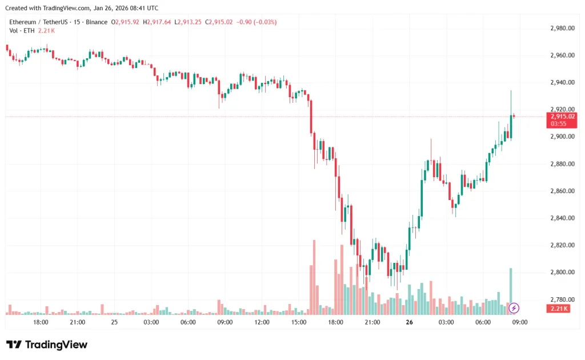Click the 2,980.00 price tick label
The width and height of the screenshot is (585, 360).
click(562, 28)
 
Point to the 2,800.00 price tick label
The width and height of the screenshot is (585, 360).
click(562, 272)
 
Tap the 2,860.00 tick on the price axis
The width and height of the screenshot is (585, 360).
click(562, 191)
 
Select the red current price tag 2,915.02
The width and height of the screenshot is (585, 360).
click(563, 116)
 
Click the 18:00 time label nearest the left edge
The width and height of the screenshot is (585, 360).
click(41, 322)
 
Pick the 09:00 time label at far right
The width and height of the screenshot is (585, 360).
click(519, 322)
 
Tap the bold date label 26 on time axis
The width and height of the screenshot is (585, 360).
click(409, 322)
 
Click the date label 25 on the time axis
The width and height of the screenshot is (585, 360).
click(114, 322)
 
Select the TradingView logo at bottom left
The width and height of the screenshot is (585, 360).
click(47, 345)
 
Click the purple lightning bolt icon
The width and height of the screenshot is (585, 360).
click(514, 308)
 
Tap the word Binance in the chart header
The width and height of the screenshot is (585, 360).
click(95, 22)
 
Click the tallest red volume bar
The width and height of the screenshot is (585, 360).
click(314, 277)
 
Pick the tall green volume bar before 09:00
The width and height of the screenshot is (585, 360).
click(511, 291)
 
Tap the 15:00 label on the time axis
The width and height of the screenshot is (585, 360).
click(299, 322)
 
